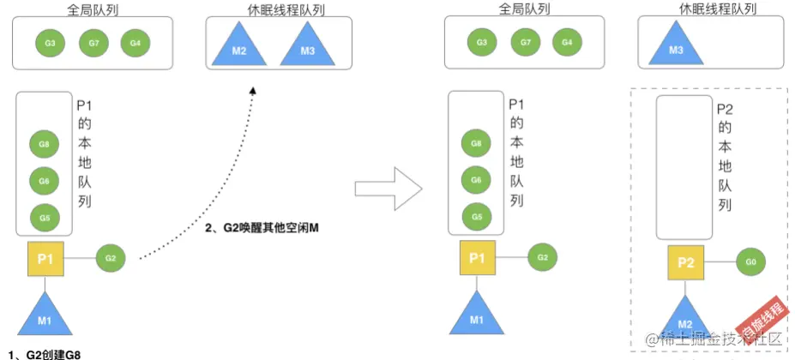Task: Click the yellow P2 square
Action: click(x=685, y=261)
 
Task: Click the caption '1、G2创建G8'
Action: click(x=49, y=353)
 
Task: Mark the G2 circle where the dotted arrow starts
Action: click(x=110, y=257)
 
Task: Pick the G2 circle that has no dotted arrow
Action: click(x=541, y=256)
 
